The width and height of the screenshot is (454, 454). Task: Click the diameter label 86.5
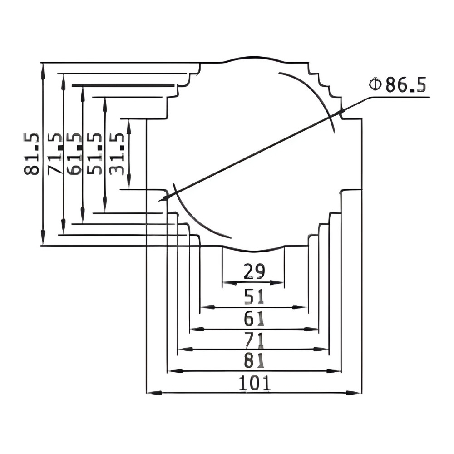[405, 84]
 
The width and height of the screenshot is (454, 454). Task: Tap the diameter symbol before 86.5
[375, 84]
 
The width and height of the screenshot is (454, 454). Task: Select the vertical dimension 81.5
[31, 154]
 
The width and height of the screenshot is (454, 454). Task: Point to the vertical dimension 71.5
[55, 154]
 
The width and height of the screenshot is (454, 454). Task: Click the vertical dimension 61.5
[74, 154]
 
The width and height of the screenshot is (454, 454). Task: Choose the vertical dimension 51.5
[95, 154]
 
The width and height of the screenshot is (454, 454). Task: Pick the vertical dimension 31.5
[117, 154]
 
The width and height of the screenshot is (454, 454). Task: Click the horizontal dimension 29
[254, 271]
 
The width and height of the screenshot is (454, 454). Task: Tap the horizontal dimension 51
[254, 296]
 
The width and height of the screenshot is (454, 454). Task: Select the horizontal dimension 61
[254, 319]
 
